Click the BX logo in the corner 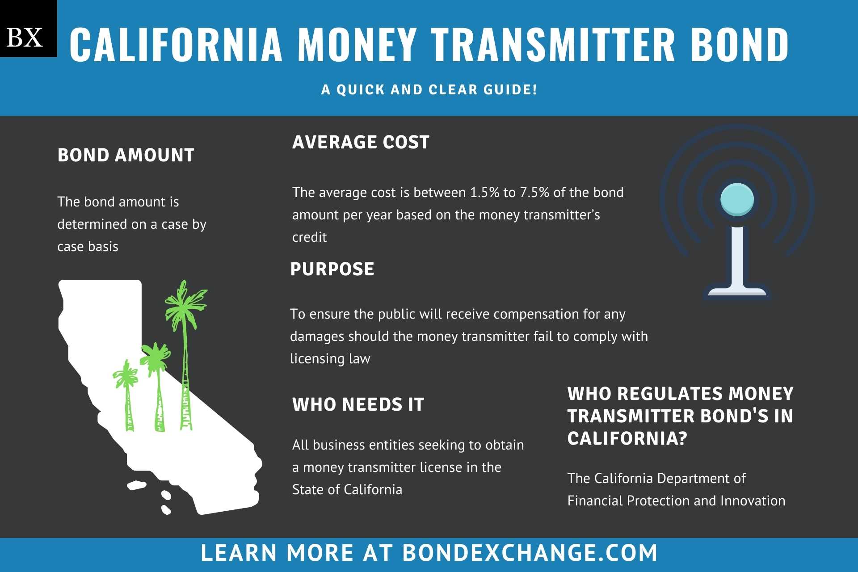(x=28, y=29)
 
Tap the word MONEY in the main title (x=357, y=44)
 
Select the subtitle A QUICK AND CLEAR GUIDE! (x=429, y=89)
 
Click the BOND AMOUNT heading (x=126, y=155)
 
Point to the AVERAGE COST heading (x=361, y=142)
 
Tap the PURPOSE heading (x=332, y=269)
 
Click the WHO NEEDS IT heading (x=358, y=404)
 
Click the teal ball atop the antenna (x=737, y=199)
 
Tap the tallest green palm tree (x=185, y=355)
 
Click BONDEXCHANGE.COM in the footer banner (x=530, y=553)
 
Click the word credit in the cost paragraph (x=309, y=237)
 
